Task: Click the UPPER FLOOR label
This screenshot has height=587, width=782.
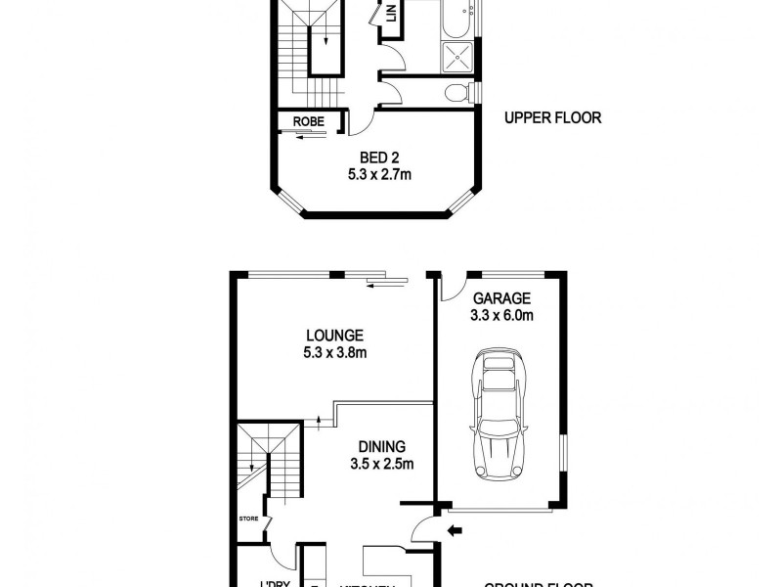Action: pos(552,118)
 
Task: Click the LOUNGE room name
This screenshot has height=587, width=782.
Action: pos(334,335)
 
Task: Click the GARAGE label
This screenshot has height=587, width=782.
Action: pos(501,298)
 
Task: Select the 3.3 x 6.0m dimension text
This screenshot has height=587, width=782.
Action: pos(501,316)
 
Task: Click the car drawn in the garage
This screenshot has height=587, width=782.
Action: pos(500,411)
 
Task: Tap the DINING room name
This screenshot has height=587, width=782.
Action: pos(385,445)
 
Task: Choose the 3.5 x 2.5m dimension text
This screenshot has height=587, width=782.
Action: pos(385,464)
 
